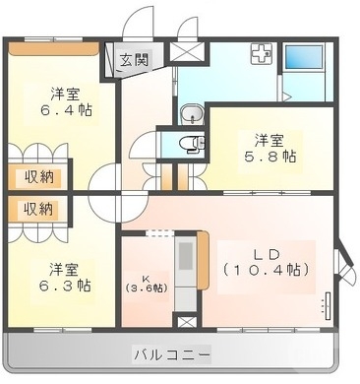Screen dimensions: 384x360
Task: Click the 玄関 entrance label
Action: (134, 59)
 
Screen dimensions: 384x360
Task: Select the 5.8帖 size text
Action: (272, 157)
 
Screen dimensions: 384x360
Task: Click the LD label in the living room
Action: (263, 250)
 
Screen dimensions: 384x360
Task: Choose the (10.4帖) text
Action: (267, 269)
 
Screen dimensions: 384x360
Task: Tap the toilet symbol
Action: (189, 144)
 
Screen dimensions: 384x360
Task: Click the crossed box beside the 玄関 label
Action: (183, 53)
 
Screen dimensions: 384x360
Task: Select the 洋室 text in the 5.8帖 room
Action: (272, 139)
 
